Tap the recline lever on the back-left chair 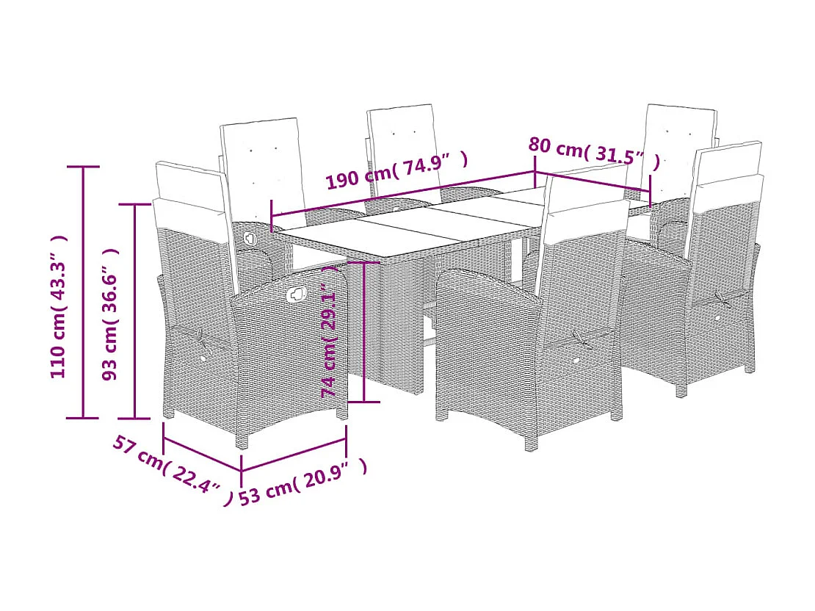[250, 238]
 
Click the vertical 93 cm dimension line [134, 311]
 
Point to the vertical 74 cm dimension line [365, 331]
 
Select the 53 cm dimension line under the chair [294, 455]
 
